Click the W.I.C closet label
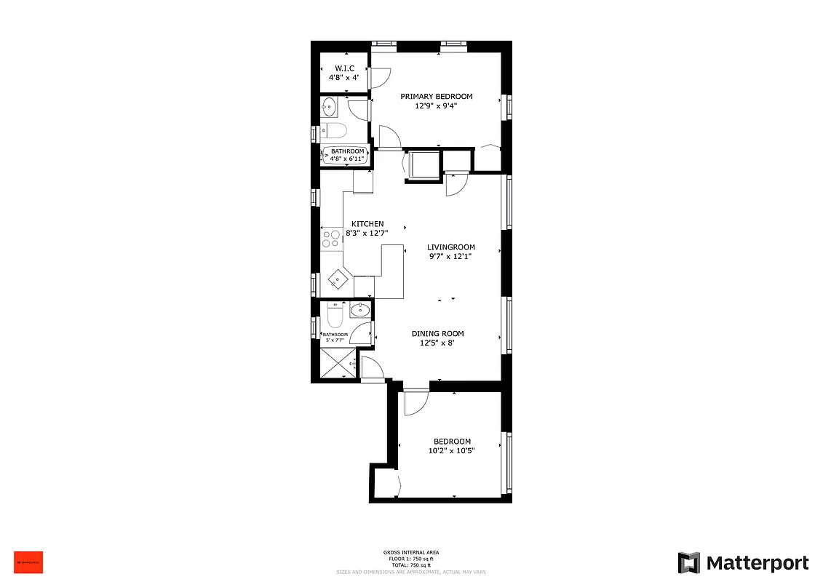tap(345, 68)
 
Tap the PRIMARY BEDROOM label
tap(437, 96)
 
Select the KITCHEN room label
tap(367, 223)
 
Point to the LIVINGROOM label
tap(451, 247)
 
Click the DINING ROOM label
tap(437, 334)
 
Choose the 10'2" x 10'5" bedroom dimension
tap(452, 451)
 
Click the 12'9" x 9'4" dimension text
tap(437, 105)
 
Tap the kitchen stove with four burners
tap(331, 239)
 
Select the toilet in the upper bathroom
tap(335, 131)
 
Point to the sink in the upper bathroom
tap(330, 107)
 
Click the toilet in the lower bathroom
tap(335, 316)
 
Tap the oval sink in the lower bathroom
tap(359, 311)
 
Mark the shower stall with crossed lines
tap(337, 363)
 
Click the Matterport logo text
tap(758, 563)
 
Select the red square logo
tap(28, 562)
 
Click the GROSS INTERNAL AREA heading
tap(411, 552)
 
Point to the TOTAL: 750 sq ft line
tap(411, 565)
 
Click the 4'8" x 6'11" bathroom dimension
tap(347, 158)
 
